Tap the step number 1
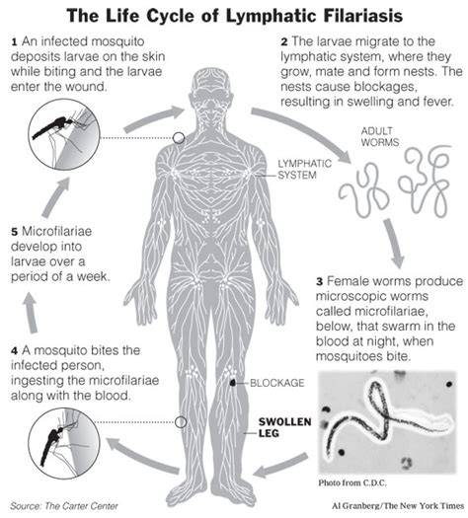(x=14, y=42)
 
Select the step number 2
(x=284, y=42)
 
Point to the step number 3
(x=319, y=282)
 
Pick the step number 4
(x=14, y=351)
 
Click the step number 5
(x=14, y=232)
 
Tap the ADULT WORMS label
(x=380, y=137)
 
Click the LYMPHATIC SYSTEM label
(x=304, y=169)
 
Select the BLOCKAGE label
(x=277, y=383)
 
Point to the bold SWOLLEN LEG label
(x=284, y=427)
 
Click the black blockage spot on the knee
(x=233, y=383)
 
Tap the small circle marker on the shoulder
(x=179, y=138)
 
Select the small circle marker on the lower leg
(x=181, y=422)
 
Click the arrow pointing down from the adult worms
(x=395, y=243)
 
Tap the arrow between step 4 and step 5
(x=31, y=312)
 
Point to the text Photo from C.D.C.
(x=352, y=482)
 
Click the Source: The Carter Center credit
(x=64, y=506)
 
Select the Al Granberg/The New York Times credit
(x=398, y=506)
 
